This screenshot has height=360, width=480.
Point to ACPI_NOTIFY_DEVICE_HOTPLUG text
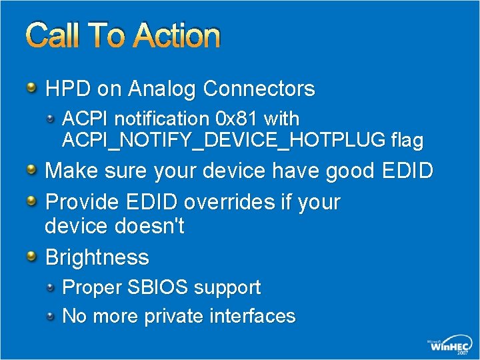[223, 141]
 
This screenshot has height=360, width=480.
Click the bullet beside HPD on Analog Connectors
[32, 87]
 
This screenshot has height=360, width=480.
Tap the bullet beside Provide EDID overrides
[32, 200]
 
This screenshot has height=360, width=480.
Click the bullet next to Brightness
[32, 256]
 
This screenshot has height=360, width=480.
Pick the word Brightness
[97, 257]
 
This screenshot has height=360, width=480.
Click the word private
[177, 316]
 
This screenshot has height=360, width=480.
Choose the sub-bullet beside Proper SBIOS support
[51, 287]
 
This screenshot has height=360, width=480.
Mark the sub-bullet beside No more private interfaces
[51, 315]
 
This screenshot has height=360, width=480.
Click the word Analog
[164, 89]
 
